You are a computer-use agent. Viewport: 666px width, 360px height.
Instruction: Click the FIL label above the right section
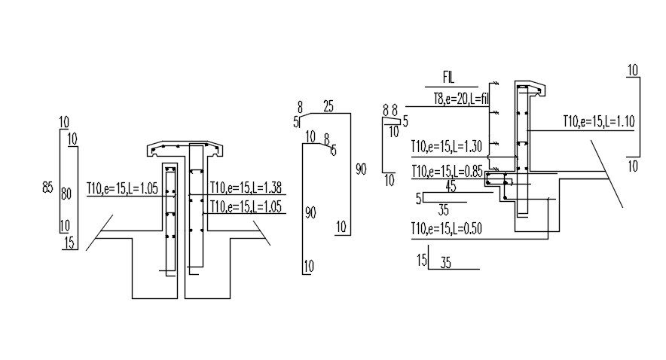pyautogui.click(x=448, y=78)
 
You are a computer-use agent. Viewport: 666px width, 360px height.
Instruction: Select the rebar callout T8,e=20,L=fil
pyautogui.click(x=461, y=99)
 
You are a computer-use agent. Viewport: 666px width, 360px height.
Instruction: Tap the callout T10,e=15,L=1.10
pyautogui.click(x=599, y=121)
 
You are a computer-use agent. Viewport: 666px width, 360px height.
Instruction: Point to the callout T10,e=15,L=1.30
pyautogui.click(x=447, y=146)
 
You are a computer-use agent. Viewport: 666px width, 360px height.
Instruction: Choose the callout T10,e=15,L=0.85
pyautogui.click(x=448, y=172)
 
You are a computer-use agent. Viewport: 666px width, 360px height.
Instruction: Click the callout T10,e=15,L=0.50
pyautogui.click(x=447, y=229)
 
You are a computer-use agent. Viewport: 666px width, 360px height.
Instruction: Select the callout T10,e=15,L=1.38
pyautogui.click(x=246, y=188)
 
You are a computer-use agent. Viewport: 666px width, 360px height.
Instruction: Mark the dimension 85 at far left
pyautogui.click(x=47, y=187)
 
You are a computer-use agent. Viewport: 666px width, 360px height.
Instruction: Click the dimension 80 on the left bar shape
pyautogui.click(x=66, y=194)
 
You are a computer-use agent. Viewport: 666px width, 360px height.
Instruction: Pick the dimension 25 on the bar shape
pyautogui.click(x=328, y=106)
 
